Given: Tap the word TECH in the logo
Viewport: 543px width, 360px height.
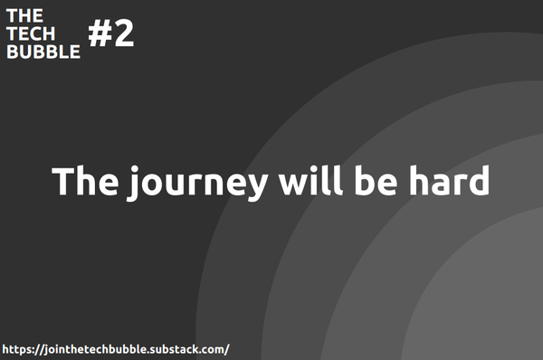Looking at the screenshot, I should [x=30, y=33].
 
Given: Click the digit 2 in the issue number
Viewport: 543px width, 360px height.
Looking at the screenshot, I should [x=123, y=34].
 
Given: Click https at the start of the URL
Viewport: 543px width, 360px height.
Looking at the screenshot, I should [x=18, y=348].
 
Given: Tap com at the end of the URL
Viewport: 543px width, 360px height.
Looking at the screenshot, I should [x=214, y=349].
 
